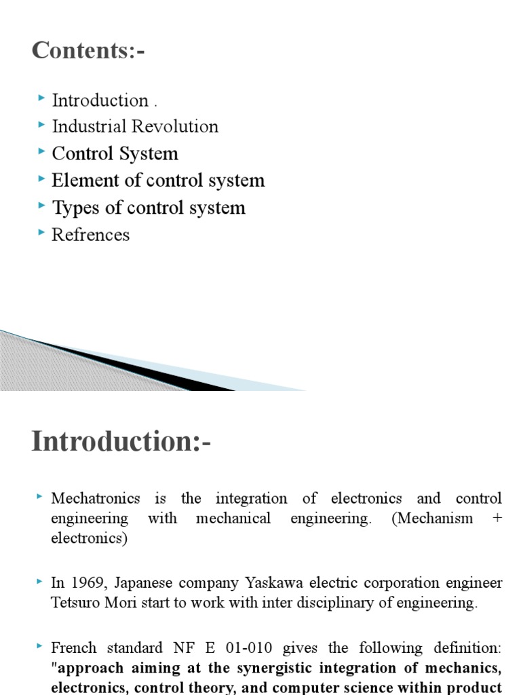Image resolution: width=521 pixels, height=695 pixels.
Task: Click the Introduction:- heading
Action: pyautogui.click(x=121, y=441)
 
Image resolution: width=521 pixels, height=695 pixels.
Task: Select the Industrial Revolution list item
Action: pyautogui.click(x=135, y=127)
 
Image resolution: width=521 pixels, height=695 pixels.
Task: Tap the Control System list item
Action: pyautogui.click(x=115, y=154)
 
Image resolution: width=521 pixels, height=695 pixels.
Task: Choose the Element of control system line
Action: pyautogui.click(x=158, y=181)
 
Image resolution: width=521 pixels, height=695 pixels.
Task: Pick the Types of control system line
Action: pyautogui.click(x=149, y=208)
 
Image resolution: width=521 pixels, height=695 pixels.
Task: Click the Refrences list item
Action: pyautogui.click(x=90, y=235)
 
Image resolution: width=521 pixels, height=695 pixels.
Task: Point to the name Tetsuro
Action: pyautogui.click(x=75, y=603)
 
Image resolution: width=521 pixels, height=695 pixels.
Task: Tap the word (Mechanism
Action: pyautogui.click(x=433, y=519)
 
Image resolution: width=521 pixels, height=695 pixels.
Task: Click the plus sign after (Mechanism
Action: pyautogui.click(x=498, y=519)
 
